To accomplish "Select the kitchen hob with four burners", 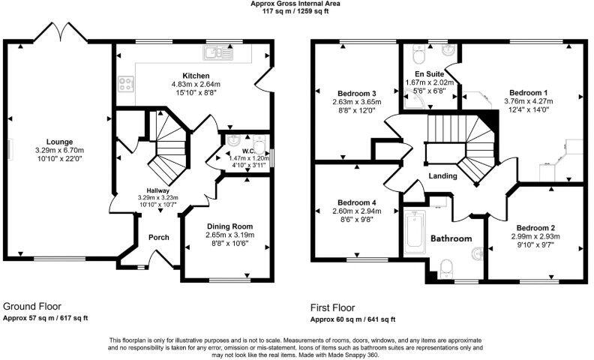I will point(124,85).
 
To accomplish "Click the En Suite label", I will point(430,74).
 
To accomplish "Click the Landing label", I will point(443,176).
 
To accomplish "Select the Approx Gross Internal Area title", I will point(297,3).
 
